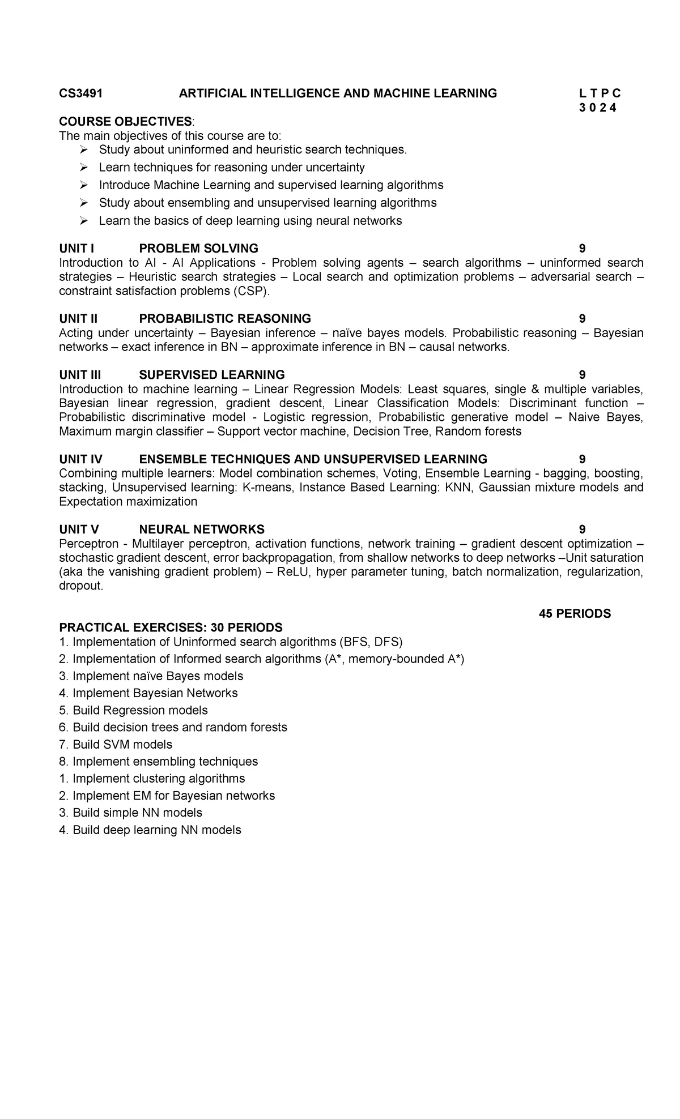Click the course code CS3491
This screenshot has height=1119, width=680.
tap(81, 93)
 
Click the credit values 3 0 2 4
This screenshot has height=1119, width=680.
tap(598, 108)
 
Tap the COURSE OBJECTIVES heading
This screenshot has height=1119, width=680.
tap(125, 122)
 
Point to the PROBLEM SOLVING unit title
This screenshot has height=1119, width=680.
tap(198, 249)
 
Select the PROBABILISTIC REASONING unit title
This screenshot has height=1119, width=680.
tap(225, 319)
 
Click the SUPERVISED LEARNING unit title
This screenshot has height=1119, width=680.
tap(212, 375)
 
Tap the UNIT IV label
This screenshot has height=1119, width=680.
tap(80, 459)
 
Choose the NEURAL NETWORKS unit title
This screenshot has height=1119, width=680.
tap(202, 529)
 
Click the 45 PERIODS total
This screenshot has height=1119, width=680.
tap(575, 614)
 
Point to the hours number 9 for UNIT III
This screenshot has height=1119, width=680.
tap(582, 375)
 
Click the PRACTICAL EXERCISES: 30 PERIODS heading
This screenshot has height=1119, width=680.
tap(171, 627)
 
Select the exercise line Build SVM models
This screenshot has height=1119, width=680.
tap(122, 745)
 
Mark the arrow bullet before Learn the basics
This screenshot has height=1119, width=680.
tap(84, 221)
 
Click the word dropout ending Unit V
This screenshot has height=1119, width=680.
tap(80, 586)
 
